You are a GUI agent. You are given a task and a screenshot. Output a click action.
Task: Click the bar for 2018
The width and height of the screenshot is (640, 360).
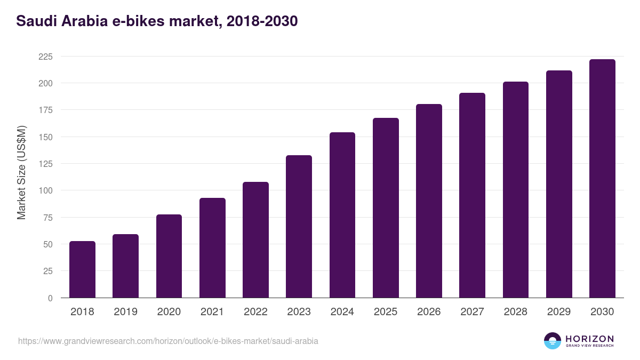tap(82, 269)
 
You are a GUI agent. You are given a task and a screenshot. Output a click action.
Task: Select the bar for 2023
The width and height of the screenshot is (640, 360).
tap(299, 227)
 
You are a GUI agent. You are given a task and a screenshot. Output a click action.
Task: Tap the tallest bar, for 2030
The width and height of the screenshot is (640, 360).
tap(602, 179)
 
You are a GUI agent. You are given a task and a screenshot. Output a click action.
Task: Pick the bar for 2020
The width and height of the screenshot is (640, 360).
tap(169, 256)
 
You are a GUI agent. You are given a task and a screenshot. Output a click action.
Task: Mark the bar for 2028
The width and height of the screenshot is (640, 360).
tap(515, 190)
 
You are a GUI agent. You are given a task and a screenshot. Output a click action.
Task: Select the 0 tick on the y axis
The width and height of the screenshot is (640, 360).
tap(50, 298)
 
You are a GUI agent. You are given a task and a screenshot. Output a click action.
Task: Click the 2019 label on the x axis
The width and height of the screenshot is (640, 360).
tap(125, 312)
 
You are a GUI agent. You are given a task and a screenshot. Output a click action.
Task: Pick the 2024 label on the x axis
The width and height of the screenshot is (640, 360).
tap(342, 312)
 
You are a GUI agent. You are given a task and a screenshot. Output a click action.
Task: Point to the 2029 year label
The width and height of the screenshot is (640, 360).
tap(558, 312)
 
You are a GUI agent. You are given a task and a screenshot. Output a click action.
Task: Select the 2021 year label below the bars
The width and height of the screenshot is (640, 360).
tap(212, 312)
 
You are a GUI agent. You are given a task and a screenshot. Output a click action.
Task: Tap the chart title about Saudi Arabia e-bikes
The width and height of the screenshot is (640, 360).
tap(157, 21)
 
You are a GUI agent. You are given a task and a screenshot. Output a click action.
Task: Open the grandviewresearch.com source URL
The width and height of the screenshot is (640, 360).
tap(168, 341)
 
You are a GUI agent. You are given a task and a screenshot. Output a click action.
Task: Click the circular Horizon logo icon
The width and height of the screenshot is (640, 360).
tap(553, 341)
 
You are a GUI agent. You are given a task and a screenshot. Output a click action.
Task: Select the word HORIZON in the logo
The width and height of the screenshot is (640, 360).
tap(589, 338)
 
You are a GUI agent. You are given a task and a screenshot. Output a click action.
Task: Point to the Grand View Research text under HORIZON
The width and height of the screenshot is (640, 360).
tap(589, 346)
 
